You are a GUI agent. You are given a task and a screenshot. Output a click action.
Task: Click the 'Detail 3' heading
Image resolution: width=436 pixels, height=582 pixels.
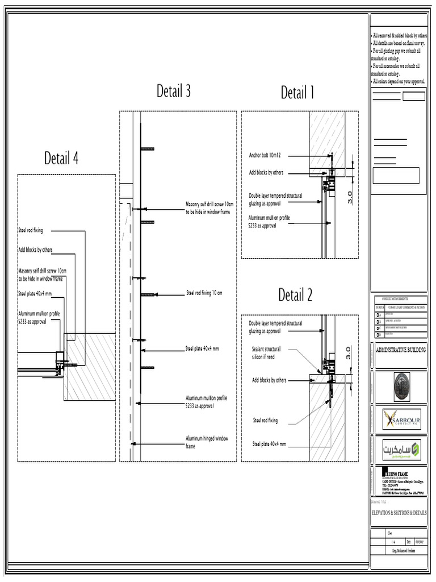(174, 91)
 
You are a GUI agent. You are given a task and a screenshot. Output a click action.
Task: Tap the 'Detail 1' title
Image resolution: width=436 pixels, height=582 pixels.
(297, 93)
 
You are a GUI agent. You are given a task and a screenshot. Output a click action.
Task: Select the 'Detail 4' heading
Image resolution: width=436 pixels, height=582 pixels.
(61, 159)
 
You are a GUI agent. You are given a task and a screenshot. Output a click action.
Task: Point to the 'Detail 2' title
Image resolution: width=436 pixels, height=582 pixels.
(295, 295)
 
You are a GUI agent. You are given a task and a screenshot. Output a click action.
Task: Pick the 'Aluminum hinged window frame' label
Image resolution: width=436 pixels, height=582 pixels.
(207, 442)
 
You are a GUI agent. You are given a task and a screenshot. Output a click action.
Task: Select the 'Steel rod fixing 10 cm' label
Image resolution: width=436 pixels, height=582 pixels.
(204, 293)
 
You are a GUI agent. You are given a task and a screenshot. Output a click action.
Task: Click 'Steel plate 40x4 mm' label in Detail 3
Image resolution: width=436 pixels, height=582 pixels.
(202, 348)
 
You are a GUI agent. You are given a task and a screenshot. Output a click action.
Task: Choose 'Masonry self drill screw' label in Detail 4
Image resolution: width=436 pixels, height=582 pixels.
(42, 275)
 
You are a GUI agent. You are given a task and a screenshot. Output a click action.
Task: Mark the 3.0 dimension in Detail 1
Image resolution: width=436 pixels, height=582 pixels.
(351, 197)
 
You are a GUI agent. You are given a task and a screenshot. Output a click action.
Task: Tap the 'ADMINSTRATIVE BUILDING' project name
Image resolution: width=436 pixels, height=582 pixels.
(401, 350)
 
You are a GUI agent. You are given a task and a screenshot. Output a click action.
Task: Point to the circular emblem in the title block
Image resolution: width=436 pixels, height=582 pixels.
(401, 386)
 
